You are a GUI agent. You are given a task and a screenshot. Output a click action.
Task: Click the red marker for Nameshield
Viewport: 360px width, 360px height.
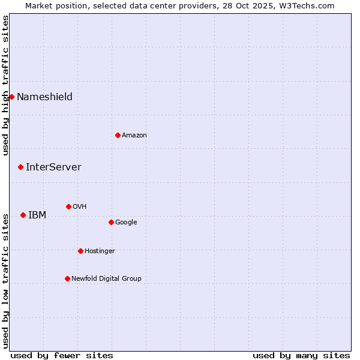click(x=11, y=97)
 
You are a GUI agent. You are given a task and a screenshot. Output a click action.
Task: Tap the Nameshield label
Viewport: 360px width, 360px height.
click(x=44, y=97)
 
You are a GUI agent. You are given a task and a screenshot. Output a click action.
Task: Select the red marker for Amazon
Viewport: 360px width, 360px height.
click(x=118, y=135)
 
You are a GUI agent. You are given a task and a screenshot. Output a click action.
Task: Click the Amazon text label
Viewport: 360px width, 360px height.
click(x=134, y=136)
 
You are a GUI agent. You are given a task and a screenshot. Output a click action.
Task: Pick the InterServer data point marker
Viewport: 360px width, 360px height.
click(x=20, y=167)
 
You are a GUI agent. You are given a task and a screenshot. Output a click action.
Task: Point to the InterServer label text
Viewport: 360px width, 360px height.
click(x=53, y=167)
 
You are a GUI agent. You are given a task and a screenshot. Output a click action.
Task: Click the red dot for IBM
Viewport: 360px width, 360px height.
click(x=23, y=215)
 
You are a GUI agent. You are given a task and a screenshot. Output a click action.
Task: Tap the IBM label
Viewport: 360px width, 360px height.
click(x=37, y=215)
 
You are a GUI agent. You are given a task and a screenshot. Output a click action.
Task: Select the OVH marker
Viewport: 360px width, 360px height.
click(x=68, y=206)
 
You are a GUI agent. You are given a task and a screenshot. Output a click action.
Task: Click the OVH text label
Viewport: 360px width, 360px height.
click(x=80, y=207)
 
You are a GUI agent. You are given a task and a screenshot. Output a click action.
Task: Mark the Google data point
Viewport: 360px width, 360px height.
click(x=111, y=222)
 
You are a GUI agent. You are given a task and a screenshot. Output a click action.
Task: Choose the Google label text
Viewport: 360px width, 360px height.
click(x=126, y=223)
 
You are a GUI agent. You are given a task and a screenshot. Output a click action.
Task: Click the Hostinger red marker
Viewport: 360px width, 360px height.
click(x=80, y=251)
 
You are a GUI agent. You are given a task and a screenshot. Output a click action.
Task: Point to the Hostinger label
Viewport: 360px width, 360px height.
click(x=100, y=251)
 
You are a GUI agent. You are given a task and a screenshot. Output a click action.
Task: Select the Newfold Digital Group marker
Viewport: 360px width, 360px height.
click(x=67, y=278)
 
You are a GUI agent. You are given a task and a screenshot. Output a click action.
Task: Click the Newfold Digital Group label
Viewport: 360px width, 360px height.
click(x=106, y=279)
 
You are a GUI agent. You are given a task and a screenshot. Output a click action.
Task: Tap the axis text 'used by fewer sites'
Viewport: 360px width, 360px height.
click(x=62, y=355)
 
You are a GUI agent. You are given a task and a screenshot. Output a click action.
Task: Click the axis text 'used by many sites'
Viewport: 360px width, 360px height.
click(x=301, y=355)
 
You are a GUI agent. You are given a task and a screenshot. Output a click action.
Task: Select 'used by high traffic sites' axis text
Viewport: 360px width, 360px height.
click(x=5, y=85)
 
